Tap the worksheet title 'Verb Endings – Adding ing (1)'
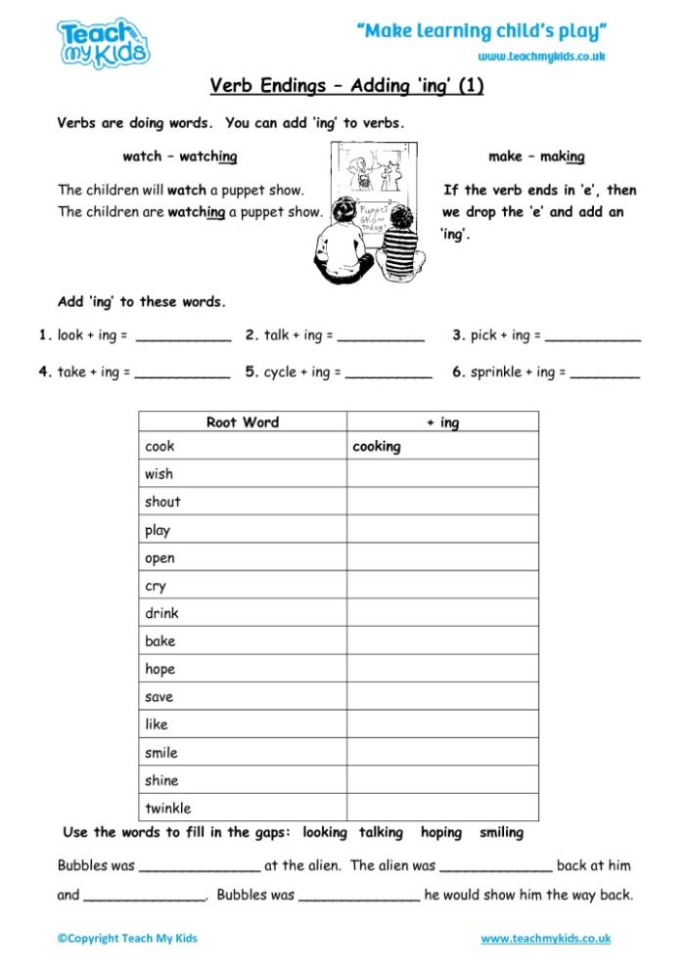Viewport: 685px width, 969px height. pyautogui.click(x=346, y=86)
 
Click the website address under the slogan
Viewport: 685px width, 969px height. pyautogui.click(x=541, y=57)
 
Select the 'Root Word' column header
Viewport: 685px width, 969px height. pyautogui.click(x=243, y=422)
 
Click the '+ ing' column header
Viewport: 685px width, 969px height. pyautogui.click(x=442, y=422)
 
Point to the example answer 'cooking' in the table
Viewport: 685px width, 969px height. pyautogui.click(x=377, y=447)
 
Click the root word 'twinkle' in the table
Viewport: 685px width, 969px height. pyautogui.click(x=168, y=809)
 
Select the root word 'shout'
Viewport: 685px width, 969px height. pyautogui.click(x=162, y=502)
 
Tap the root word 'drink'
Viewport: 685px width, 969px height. pyautogui.click(x=161, y=613)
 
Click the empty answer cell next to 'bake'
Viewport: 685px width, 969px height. pyautogui.click(x=442, y=641)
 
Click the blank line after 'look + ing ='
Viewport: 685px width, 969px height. pyautogui.click(x=183, y=338)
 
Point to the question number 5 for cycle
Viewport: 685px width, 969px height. pyautogui.click(x=251, y=372)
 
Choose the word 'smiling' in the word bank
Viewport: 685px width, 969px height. pyautogui.click(x=501, y=833)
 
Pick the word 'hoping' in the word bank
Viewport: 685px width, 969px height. pyautogui.click(x=441, y=833)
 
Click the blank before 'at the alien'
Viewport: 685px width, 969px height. pyautogui.click(x=200, y=868)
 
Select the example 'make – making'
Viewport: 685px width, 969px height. pyautogui.click(x=536, y=156)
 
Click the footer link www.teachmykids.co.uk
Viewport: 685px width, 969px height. pyautogui.click(x=546, y=939)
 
